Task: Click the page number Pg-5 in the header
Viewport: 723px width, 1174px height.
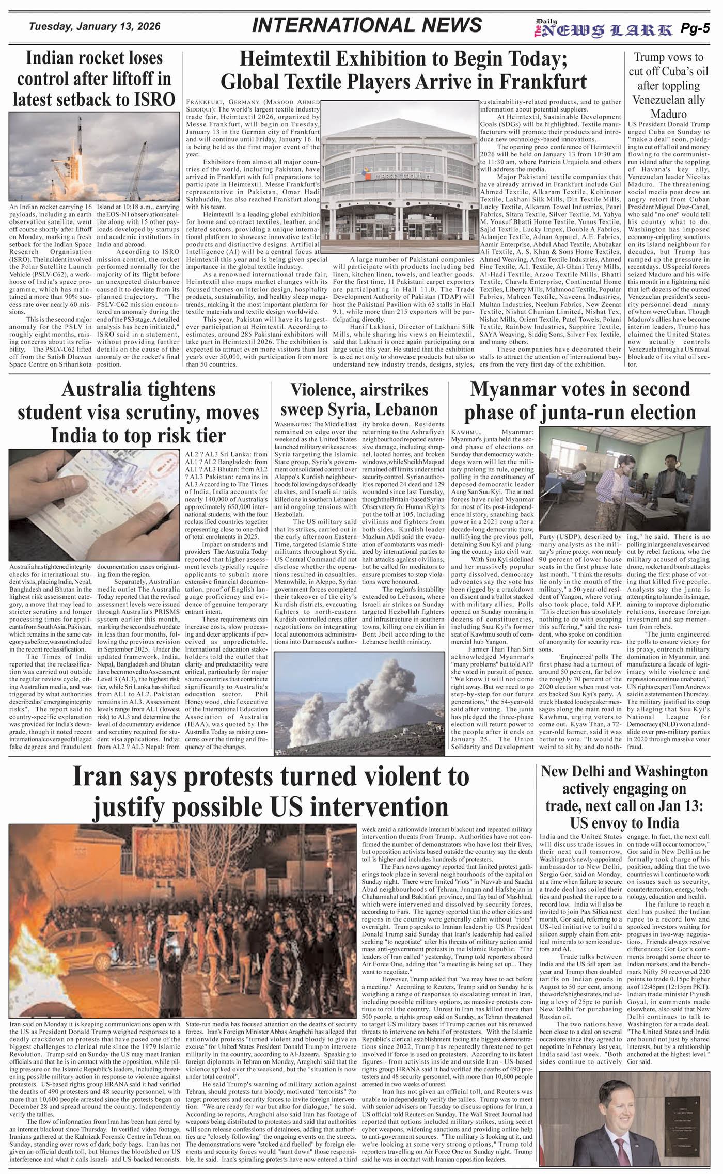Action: (695, 29)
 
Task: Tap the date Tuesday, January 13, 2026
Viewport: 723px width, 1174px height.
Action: (95, 27)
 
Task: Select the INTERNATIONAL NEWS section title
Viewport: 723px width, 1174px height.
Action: (367, 25)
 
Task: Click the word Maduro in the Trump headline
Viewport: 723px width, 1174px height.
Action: (668, 114)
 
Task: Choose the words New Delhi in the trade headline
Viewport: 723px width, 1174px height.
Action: (573, 771)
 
